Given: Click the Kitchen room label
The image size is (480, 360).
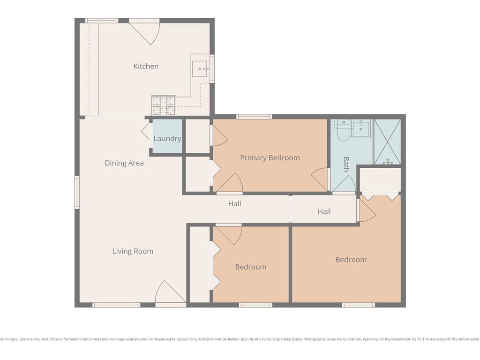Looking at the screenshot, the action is coord(146,66).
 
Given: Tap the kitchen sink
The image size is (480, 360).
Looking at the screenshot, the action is coord(200,69).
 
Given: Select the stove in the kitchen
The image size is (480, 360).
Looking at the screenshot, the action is coord(164,105).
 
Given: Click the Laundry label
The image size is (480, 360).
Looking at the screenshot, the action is coord(167,139).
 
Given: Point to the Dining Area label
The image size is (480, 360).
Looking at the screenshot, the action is coord(124,163).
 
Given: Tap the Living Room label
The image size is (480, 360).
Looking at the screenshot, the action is coord(133,251).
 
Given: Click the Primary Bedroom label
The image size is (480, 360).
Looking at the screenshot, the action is coord(270,157).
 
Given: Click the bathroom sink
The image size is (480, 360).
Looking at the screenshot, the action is coord(361,129).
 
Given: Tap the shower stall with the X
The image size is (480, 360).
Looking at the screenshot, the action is coord(387,142).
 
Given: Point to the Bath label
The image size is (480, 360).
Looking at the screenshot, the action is coord(346,164).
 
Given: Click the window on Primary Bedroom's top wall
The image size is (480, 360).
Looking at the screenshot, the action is coord(254,116).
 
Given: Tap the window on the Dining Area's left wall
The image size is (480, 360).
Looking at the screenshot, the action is coord(77,192).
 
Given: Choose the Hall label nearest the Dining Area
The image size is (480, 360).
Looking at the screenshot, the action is coord(234,203).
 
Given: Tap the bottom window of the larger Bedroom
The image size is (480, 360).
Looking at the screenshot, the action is coord(358,305).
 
